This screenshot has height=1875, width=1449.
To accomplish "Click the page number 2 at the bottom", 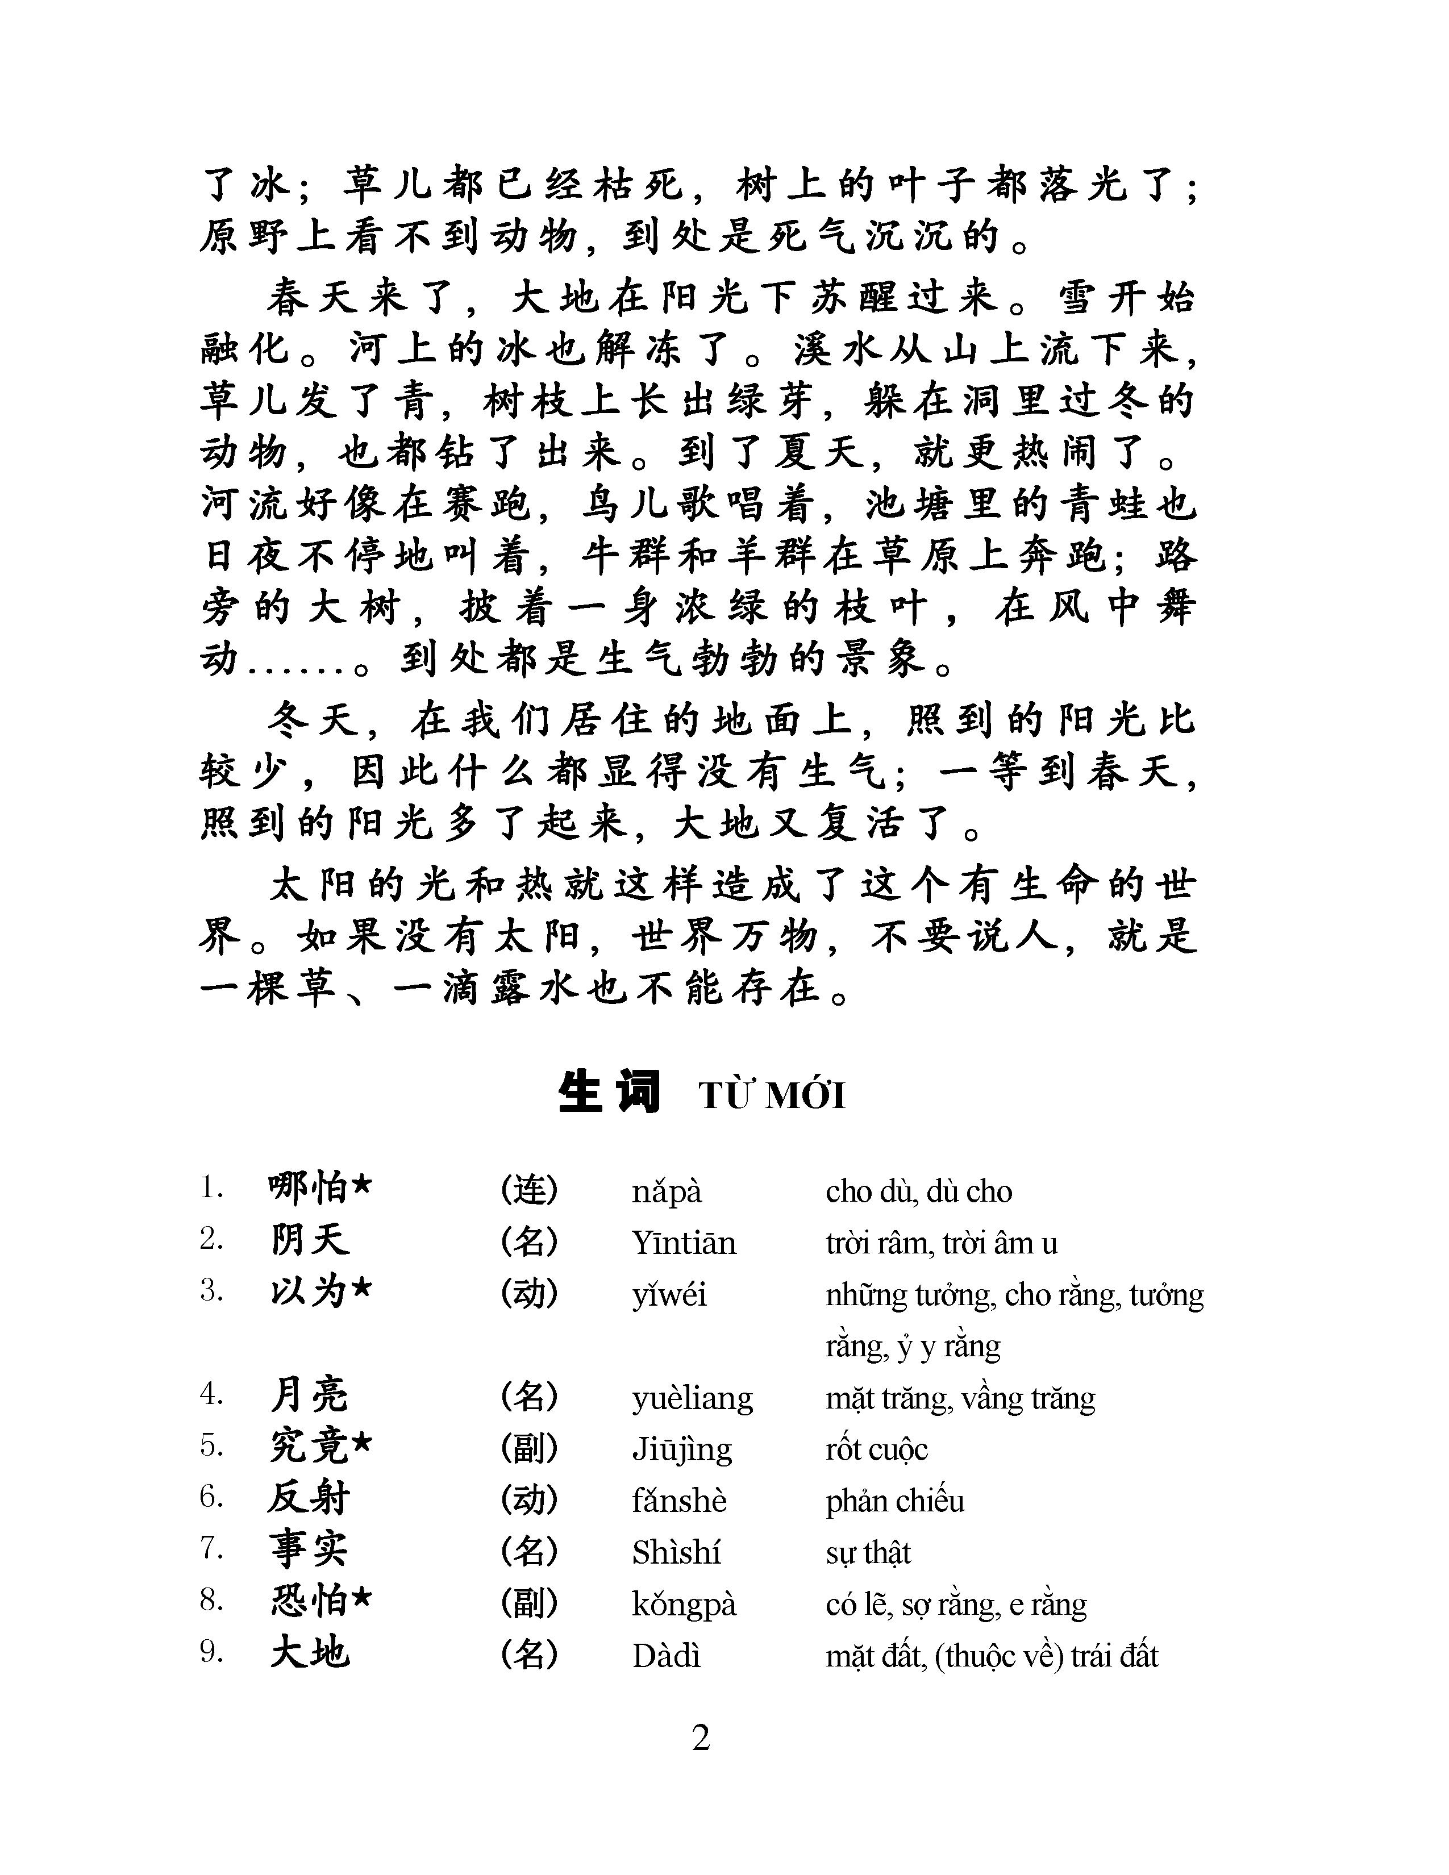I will pos(701,1739).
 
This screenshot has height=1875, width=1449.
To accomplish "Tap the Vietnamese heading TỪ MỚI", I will pos(772,1097).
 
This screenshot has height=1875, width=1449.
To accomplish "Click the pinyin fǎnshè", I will pos(679,1501).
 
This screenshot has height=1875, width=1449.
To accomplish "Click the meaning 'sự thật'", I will pos(867,1552).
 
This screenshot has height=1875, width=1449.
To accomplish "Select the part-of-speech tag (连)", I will pos(529,1190).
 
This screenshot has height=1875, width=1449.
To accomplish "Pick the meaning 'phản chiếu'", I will pos(894,1501).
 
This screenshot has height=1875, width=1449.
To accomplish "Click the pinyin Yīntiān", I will pos(683,1242).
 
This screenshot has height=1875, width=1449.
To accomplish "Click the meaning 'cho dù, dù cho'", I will pos(918,1191).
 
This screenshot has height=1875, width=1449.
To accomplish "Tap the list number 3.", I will pos(211,1291).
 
